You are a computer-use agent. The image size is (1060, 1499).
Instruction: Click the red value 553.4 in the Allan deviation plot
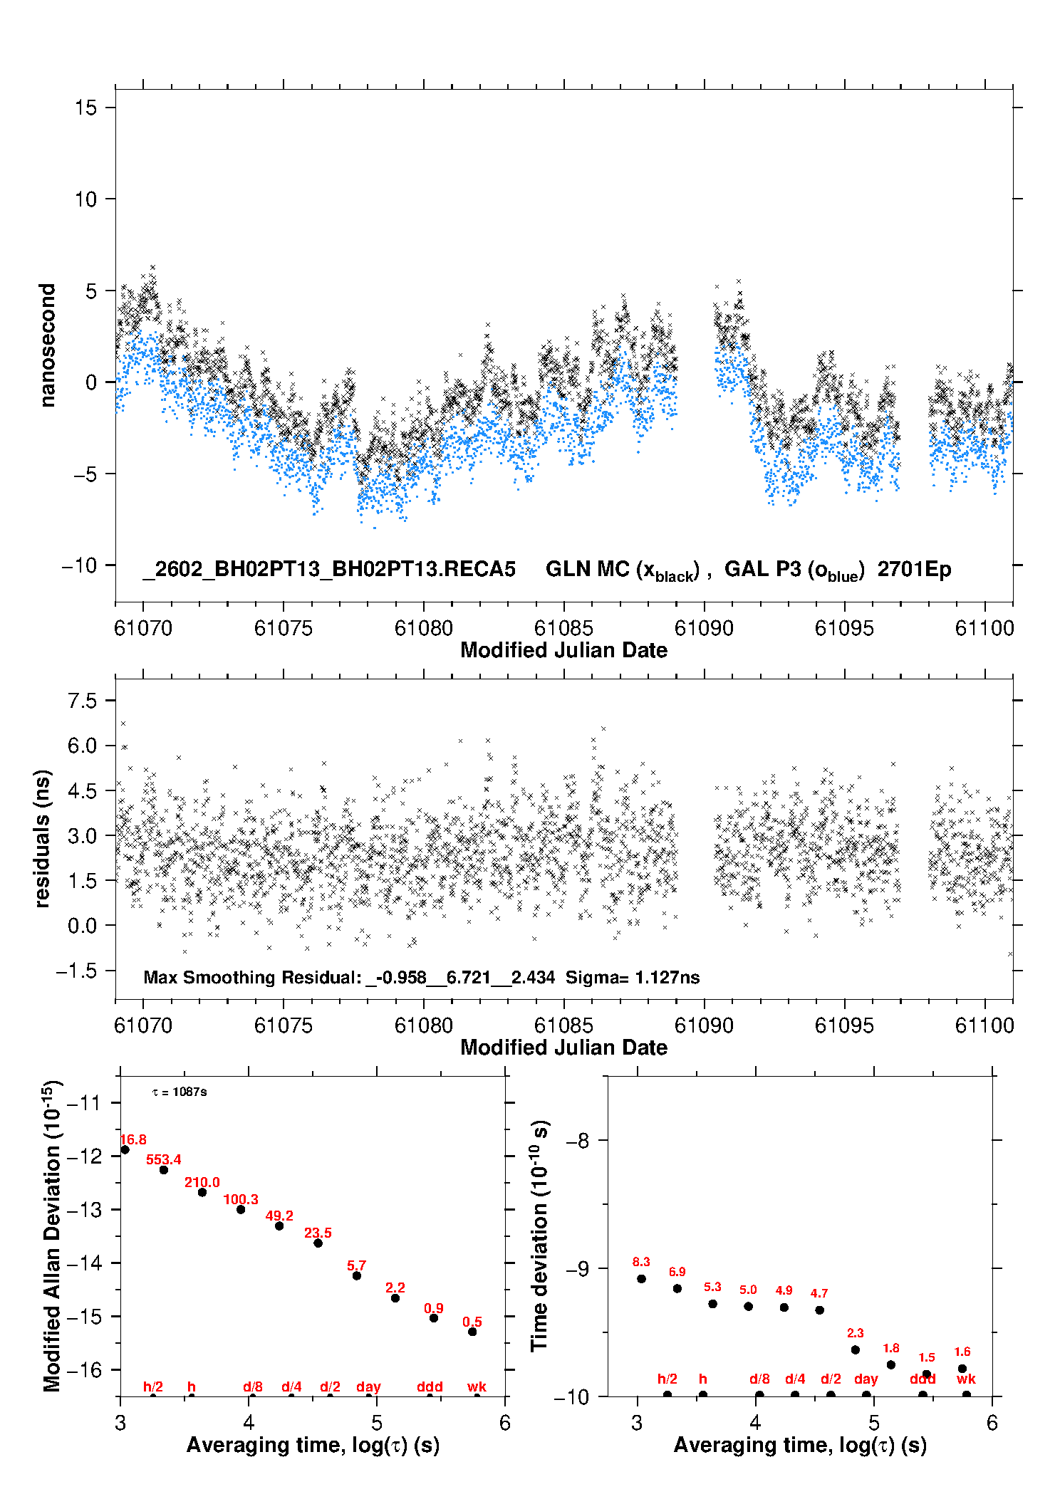coord(163,1159)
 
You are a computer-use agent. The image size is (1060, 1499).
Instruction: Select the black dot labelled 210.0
coord(202,1192)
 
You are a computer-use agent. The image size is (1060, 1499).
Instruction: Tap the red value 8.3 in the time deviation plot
coord(641,1262)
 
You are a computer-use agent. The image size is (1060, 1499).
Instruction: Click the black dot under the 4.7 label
coord(820,1310)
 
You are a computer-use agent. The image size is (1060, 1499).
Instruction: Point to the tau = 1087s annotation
coord(180,1092)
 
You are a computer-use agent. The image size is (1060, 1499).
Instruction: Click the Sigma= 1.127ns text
coord(633,977)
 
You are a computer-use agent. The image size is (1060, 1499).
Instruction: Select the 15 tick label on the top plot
coord(85,108)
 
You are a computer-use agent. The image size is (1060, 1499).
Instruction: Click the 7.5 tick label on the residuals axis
coord(82,701)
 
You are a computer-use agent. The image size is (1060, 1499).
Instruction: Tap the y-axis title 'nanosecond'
coord(47,345)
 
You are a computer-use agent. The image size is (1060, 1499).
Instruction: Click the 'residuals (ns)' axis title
coord(43,838)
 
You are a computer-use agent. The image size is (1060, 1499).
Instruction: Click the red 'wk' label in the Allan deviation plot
coord(477,1386)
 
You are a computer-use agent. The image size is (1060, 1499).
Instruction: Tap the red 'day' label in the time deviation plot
coord(866,1379)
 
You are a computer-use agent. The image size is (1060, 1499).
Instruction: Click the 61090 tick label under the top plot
coord(704,628)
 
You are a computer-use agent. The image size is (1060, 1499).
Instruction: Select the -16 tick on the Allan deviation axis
coord(84,1369)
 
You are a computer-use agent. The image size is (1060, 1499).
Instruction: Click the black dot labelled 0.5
coord(472,1332)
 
